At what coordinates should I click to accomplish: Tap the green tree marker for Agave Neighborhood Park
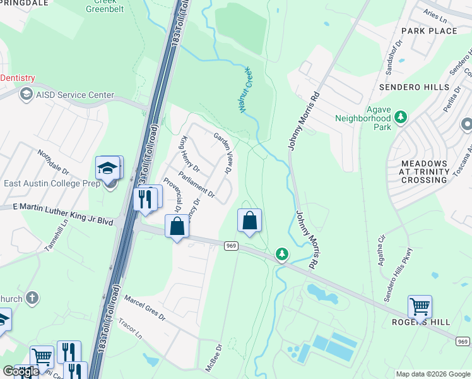399,117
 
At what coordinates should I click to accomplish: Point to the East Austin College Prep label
52,184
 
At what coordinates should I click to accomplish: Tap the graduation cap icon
108,169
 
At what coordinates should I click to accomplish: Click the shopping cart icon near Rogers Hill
419,307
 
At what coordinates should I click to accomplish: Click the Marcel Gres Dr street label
144,307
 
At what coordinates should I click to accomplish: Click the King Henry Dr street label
191,155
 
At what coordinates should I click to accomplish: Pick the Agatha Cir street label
381,251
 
